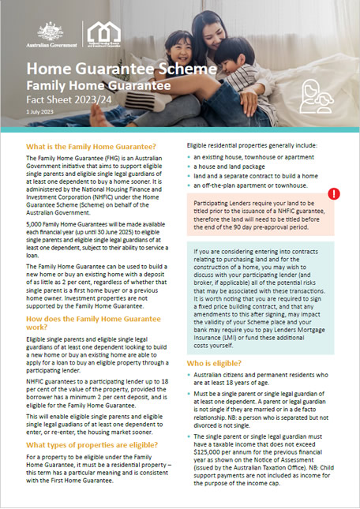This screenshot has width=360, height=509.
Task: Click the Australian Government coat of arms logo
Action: click(48, 31)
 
